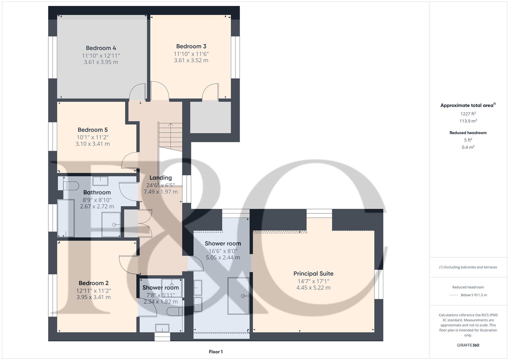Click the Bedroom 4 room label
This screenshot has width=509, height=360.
point(101,48)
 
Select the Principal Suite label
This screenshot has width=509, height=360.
point(313,273)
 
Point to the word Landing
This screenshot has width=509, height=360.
point(160,178)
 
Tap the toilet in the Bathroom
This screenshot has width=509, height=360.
point(71,185)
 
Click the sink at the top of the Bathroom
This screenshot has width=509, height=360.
point(100,181)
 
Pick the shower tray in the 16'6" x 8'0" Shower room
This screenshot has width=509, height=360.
point(238,296)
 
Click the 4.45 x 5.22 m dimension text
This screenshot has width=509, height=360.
point(313,288)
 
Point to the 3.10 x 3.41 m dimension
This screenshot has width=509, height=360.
point(92,144)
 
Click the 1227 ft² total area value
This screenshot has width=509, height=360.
point(468,114)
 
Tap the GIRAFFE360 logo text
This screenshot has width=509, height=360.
point(468,345)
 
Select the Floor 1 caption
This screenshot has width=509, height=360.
point(215,352)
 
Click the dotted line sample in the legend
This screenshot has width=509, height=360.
point(454,295)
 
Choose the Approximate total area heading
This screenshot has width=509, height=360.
point(467,105)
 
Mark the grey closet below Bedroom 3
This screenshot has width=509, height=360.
point(210,117)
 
